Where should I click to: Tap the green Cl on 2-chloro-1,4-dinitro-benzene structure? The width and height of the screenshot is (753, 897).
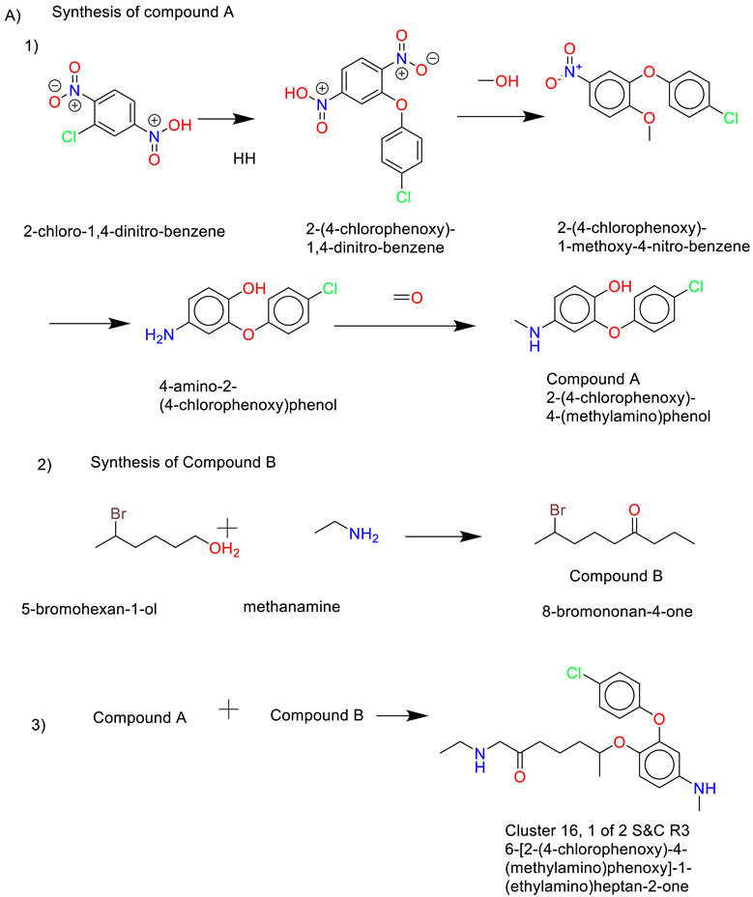69,137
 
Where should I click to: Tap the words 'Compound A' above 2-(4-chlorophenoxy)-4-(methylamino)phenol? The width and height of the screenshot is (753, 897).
584,379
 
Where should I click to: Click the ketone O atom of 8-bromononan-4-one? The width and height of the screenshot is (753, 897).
633,508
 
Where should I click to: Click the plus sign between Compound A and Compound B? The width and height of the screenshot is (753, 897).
228,711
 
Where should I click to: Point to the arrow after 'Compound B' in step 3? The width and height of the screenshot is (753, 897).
402,716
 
